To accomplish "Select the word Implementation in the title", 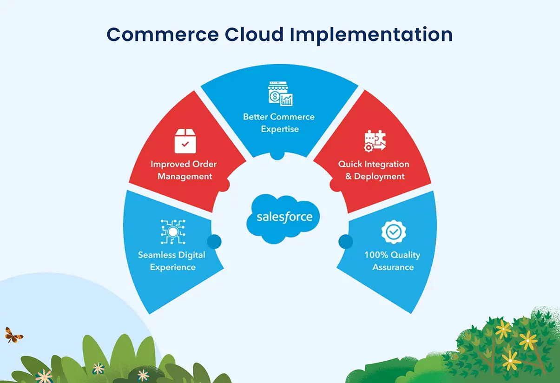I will (370, 35).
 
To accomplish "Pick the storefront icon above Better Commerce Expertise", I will (280, 93).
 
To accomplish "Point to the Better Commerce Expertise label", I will (279, 122).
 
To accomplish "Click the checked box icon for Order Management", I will (185, 141).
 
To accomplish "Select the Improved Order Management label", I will (184, 170).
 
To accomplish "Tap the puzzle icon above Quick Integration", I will (375, 141).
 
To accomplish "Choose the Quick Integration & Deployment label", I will (374, 170).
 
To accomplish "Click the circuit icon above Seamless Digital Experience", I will (172, 232).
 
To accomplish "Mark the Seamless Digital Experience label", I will (172, 261).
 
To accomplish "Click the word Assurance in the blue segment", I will (393, 267).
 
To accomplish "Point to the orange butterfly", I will (13, 335).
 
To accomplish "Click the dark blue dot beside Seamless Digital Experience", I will (214, 241).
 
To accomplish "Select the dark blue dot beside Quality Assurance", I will (345, 241).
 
